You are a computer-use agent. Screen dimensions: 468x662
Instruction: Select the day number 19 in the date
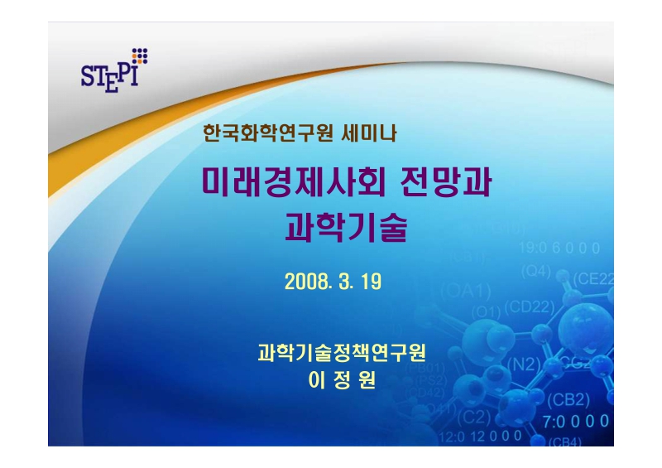coord(371,281)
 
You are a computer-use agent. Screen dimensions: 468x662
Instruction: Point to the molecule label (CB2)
coord(568,399)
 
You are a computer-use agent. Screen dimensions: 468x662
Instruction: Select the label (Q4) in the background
coord(535,270)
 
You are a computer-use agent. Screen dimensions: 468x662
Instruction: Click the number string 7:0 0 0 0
coord(577,421)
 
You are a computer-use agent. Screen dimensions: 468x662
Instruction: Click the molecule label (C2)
coord(475,415)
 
